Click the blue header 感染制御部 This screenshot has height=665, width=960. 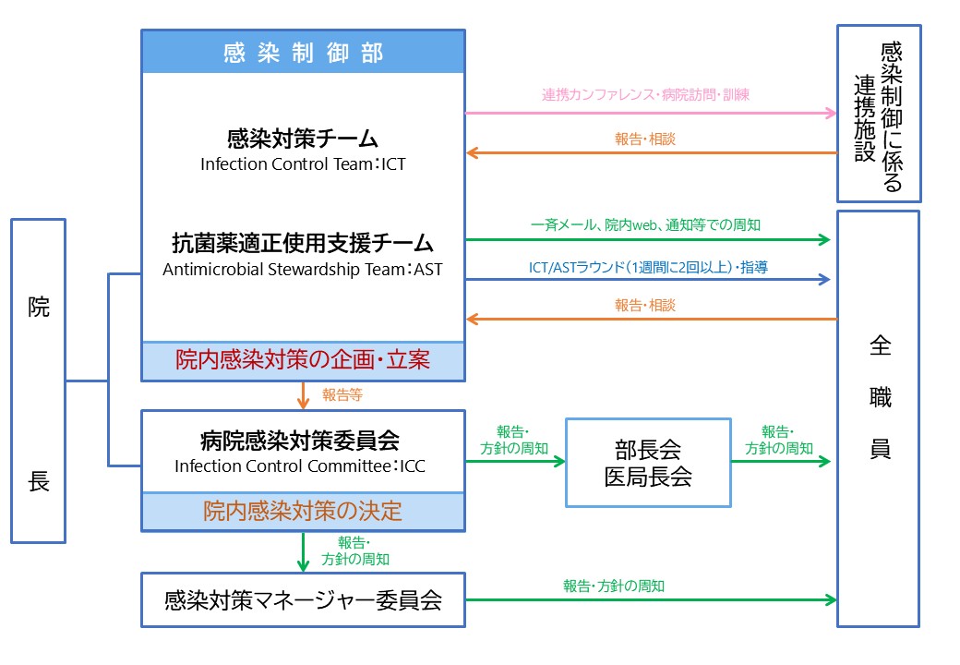pyautogui.click(x=303, y=53)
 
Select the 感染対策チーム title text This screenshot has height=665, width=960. pyautogui.click(x=303, y=139)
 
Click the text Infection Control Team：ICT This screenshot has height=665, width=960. pyautogui.click(x=303, y=164)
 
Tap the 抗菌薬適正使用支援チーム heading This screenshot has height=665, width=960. pyautogui.click(x=303, y=244)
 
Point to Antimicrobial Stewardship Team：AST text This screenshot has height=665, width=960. pyautogui.click(x=303, y=270)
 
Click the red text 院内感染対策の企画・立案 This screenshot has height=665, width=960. pyautogui.click(x=303, y=360)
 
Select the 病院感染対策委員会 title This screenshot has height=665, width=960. pyautogui.click(x=303, y=440)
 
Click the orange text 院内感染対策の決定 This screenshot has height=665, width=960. pyautogui.click(x=303, y=511)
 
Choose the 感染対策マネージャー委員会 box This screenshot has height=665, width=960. pyautogui.click(x=303, y=600)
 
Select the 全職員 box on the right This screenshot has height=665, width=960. pyautogui.click(x=878, y=418)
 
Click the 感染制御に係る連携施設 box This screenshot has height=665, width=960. pyautogui.click(x=878, y=113)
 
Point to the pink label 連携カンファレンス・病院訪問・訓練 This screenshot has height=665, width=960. pyautogui.click(x=645, y=95)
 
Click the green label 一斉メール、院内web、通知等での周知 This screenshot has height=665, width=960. pyautogui.click(x=646, y=224)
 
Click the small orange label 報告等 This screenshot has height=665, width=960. pyautogui.click(x=342, y=394)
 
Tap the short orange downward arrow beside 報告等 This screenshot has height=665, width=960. pyautogui.click(x=303, y=395)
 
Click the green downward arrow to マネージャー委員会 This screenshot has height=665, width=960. pyautogui.click(x=303, y=551)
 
